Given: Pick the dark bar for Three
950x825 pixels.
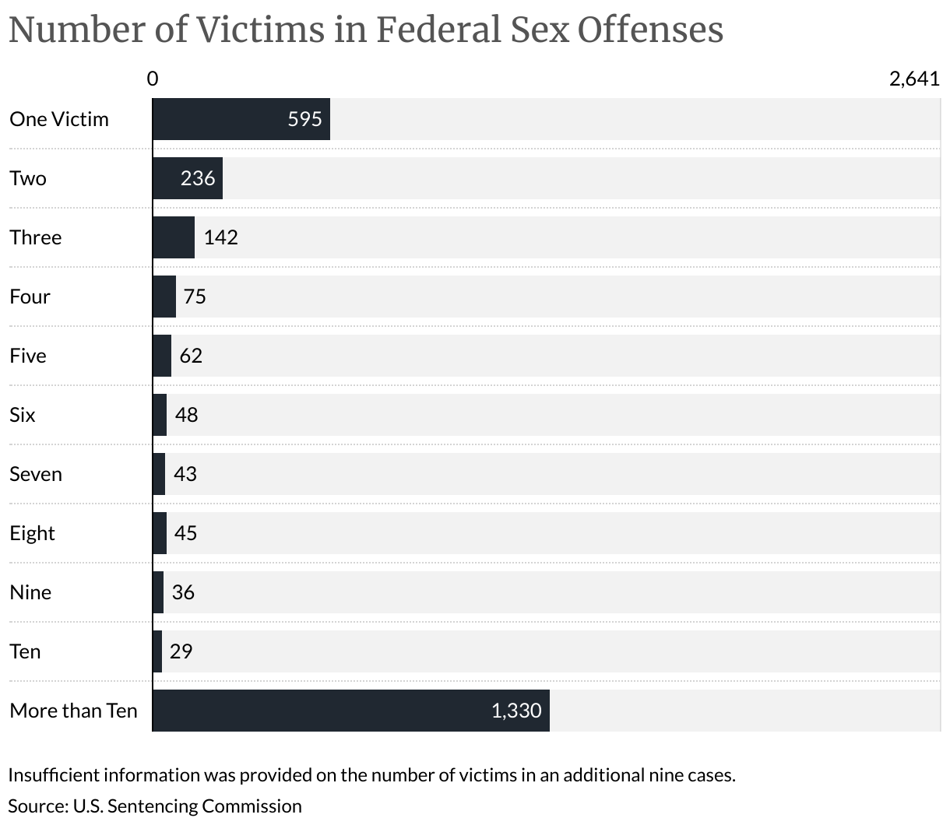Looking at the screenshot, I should click(173, 237).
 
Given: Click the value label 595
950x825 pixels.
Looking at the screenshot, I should click(304, 119).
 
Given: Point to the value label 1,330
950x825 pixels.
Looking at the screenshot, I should click(516, 711).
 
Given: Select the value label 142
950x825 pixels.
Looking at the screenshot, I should click(220, 237).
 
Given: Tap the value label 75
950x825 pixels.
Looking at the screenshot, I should click(195, 297).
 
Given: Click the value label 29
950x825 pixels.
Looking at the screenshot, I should click(181, 651).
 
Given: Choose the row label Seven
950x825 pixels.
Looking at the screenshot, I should click(36, 474).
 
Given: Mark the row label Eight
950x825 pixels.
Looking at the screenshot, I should click(32, 534).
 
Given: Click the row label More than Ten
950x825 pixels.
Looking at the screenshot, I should click(73, 711).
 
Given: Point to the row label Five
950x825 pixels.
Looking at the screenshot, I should click(28, 356).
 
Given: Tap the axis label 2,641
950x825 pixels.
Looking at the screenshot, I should click(914, 79).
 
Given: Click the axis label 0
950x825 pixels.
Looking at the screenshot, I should click(153, 79).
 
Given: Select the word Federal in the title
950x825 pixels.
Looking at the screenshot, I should click(438, 30).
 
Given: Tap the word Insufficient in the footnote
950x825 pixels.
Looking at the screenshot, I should click(54, 775).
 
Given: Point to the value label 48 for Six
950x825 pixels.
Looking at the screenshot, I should click(186, 415).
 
